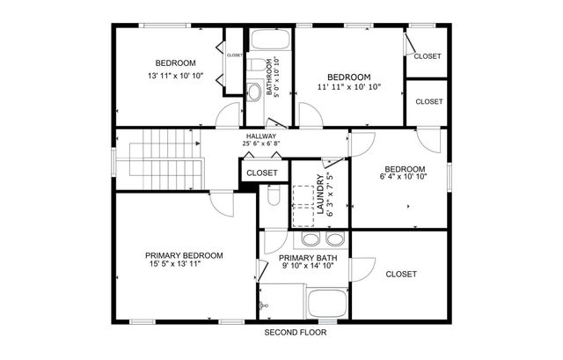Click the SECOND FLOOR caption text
tap(295, 333)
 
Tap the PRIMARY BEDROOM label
tap(184, 255)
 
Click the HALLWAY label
tap(261, 136)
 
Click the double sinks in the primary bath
tap(321, 240)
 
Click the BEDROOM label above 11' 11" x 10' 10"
tap(349, 77)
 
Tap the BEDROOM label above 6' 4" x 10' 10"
tap(405, 169)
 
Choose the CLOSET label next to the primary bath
tap(401, 275)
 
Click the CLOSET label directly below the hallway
tap(261, 173)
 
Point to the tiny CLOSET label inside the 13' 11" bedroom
tap(234, 55)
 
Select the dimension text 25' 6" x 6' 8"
tap(261, 145)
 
